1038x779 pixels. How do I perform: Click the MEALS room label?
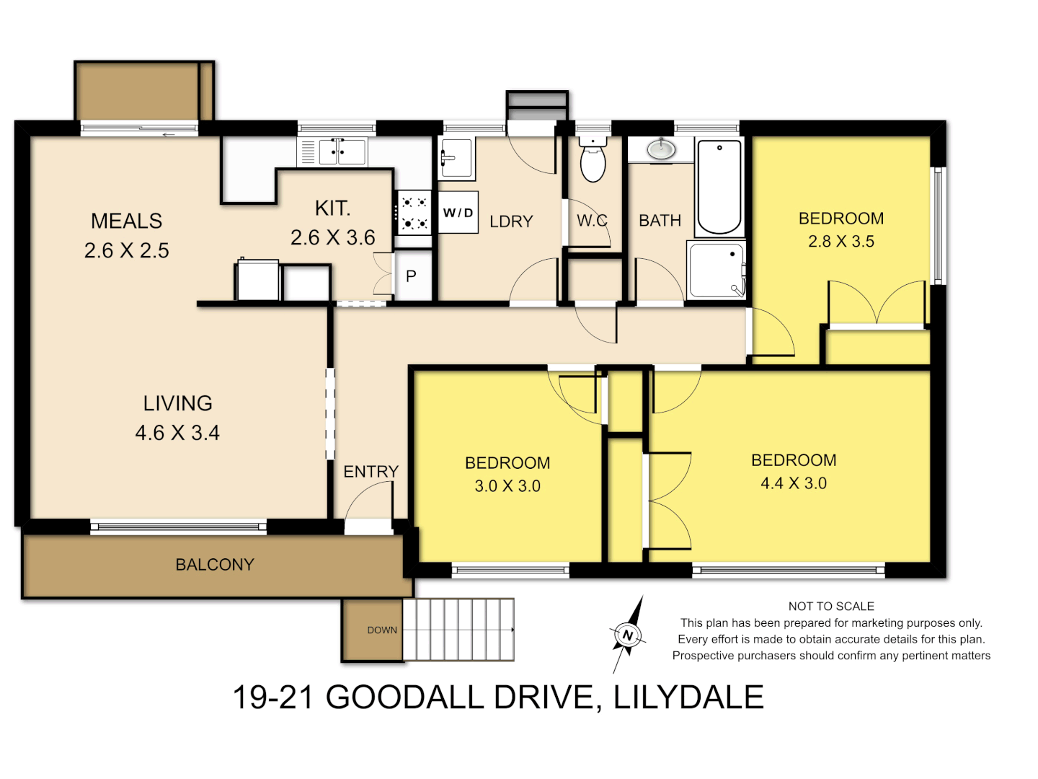click(126, 221)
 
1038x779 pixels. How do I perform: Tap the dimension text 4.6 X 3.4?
click(177, 433)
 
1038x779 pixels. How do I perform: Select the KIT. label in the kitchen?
click(332, 208)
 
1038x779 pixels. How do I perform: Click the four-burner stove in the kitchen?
click(413, 214)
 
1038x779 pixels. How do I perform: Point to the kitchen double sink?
click(338, 151)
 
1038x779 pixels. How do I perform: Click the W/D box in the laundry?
click(458, 213)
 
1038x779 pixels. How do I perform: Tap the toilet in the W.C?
click(593, 160)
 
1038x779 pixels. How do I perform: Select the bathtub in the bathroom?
click(719, 187)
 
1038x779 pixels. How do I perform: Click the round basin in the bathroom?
click(660, 149)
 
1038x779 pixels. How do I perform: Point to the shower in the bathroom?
click(716, 270)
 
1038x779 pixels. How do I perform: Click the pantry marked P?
click(412, 276)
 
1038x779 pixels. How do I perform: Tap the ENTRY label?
click(371, 472)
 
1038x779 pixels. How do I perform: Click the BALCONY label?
click(215, 565)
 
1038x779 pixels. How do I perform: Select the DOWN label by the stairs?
click(382, 630)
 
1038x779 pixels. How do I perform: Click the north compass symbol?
click(628, 635)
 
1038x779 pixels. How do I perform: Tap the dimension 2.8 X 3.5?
click(841, 242)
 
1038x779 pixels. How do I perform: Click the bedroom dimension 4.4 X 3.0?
click(794, 483)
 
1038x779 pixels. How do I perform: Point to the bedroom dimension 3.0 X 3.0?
click(507, 486)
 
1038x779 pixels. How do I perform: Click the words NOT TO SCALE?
click(831, 607)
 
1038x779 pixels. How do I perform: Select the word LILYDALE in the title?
click(688, 697)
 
